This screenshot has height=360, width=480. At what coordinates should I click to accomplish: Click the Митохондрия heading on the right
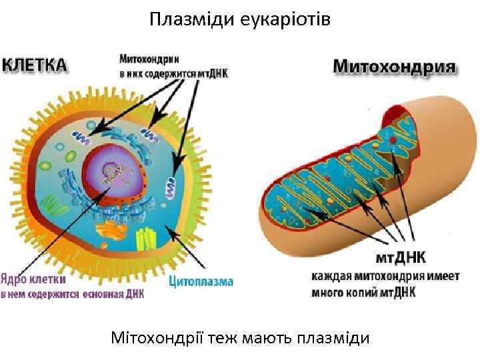pyautogui.click(x=394, y=67)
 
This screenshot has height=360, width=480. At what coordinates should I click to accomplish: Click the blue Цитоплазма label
pyautogui.click(x=201, y=281)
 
